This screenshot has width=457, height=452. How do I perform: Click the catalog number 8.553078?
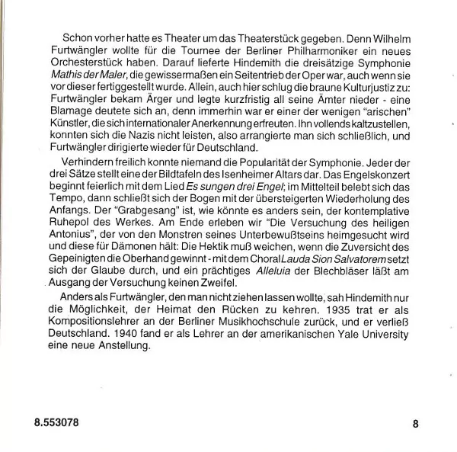coord(54,422)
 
